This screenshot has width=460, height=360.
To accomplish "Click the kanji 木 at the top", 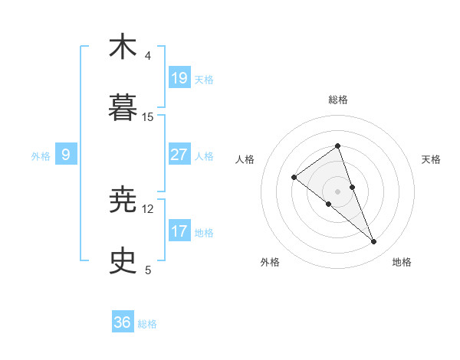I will [123, 47].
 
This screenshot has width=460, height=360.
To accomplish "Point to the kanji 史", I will [123, 261].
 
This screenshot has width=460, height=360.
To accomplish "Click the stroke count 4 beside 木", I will [148, 56].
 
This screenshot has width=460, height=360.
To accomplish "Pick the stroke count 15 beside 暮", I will [148, 117].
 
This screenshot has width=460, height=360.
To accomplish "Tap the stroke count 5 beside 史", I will [148, 270].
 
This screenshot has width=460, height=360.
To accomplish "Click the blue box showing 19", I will [179, 77].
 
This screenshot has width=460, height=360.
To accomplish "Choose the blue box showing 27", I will [179, 155].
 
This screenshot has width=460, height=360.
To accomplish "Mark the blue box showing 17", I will [179, 231].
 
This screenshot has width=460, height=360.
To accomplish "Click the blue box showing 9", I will [66, 155].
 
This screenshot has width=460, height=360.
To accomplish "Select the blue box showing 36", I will [123, 322].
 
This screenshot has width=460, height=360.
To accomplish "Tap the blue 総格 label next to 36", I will [147, 324].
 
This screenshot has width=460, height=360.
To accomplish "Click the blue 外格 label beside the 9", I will [41, 156].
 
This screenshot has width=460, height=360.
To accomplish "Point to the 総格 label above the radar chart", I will [338, 100].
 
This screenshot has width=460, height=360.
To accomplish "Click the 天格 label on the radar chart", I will [432, 159].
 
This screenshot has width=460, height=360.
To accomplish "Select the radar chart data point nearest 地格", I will [374, 242].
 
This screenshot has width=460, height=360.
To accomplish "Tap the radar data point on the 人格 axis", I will [294, 178].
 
